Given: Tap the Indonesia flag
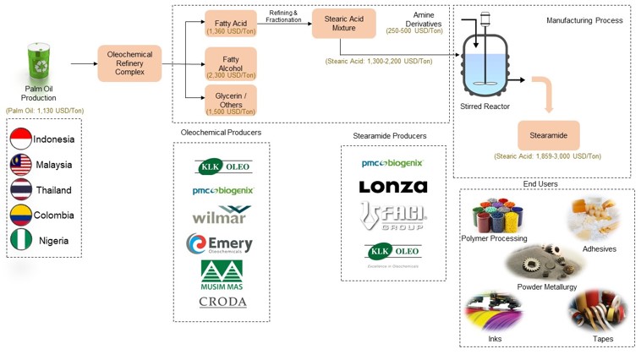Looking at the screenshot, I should click(21, 139).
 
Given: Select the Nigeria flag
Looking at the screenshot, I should click(21, 241).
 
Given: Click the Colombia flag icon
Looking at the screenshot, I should click(21, 215).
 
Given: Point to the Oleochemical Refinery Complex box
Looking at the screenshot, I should click(129, 63).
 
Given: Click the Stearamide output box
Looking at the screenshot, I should click(548, 135).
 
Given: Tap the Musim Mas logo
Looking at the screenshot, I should click(222, 275).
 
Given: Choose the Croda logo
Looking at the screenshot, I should click(222, 302).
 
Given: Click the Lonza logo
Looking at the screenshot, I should click(393, 187).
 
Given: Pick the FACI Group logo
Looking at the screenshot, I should click(393, 217).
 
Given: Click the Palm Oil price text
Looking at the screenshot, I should click(45, 111).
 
